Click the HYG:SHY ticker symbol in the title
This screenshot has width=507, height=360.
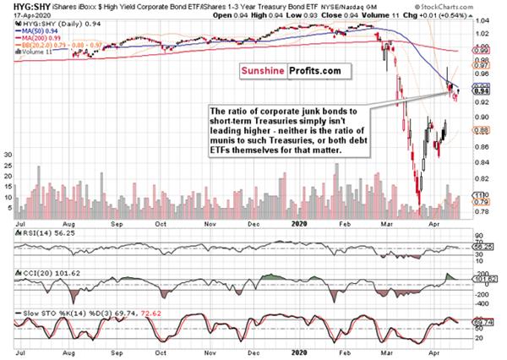tap(19, 6)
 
